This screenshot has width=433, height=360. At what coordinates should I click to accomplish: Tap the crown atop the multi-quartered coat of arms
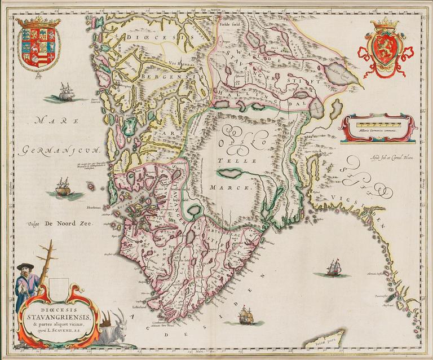click(x=38, y=21)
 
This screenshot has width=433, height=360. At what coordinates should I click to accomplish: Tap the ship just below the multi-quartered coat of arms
click(x=67, y=93)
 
